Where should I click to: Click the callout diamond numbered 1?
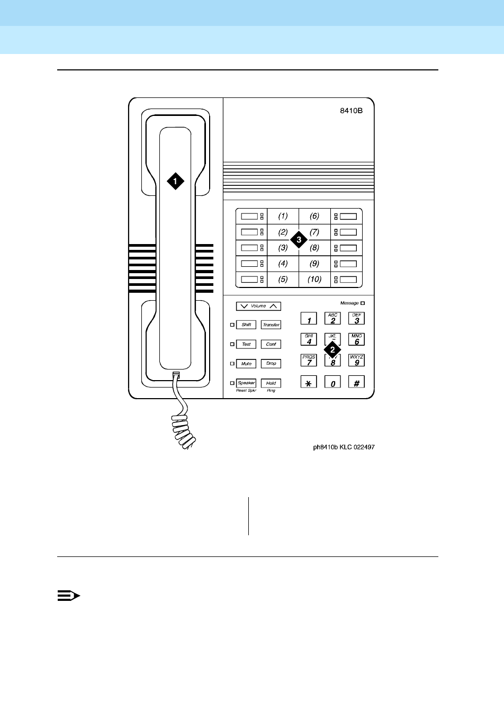[x=175, y=181]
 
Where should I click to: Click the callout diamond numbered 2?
[x=332, y=349]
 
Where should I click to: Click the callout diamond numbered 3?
[x=299, y=240]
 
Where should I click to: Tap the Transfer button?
[x=271, y=325]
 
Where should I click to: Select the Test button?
[x=246, y=344]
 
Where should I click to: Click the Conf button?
[x=271, y=344]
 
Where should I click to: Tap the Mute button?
[x=246, y=364]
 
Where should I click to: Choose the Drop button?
[x=271, y=364]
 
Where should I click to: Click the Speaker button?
[x=246, y=383]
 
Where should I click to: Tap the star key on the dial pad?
[x=309, y=382]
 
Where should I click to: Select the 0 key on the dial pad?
[x=332, y=382]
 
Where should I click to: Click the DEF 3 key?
[x=357, y=318]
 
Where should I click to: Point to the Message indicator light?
[x=363, y=303]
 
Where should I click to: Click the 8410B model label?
[x=351, y=112]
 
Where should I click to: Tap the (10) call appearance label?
[x=314, y=279]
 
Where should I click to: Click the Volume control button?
[x=258, y=306]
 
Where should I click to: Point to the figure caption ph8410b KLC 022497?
[x=344, y=447]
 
